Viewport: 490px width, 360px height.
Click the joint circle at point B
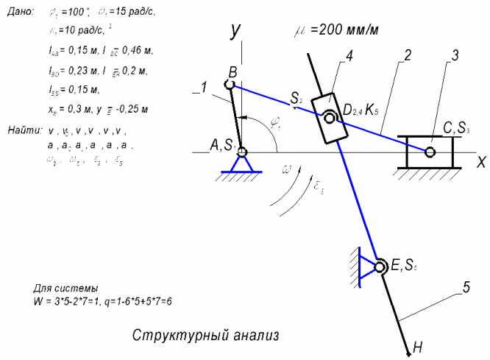pyautogui.click(x=230, y=85)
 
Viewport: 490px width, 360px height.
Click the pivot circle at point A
pyautogui.click(x=241, y=152)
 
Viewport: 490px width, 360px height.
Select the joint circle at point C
pyautogui.click(x=430, y=152)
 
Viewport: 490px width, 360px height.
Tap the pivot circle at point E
pyautogui.click(x=381, y=267)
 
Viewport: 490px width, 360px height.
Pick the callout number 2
pyautogui.click(x=407, y=56)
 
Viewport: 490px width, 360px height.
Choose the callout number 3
pyautogui.click(x=455, y=56)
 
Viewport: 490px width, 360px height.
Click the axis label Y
pyautogui.click(x=235, y=31)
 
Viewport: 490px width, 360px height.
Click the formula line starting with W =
pyautogui.click(x=102, y=302)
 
